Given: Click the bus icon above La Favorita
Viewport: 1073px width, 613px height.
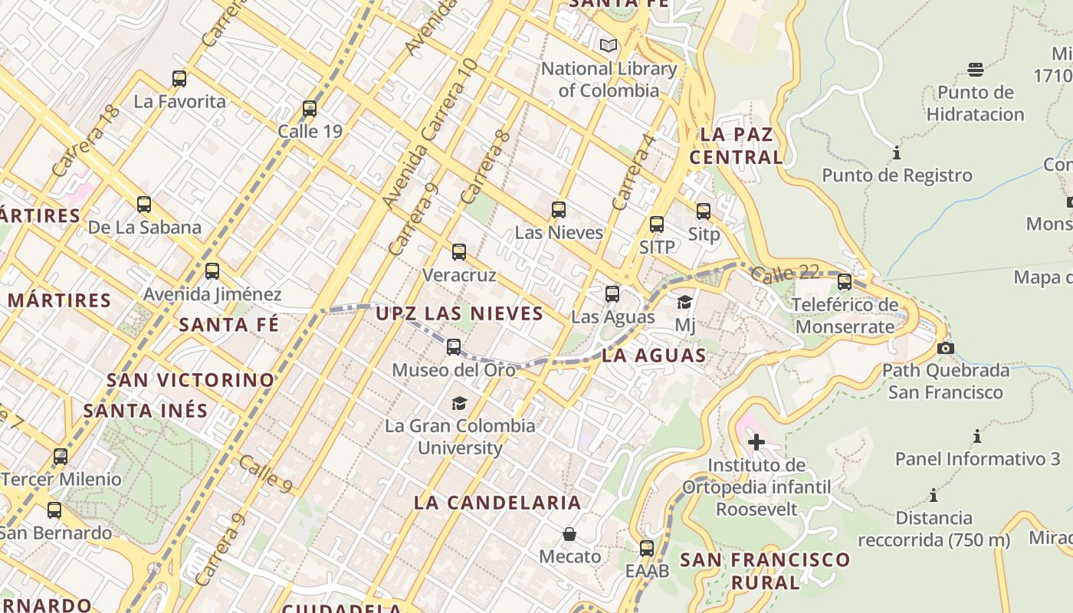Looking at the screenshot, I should tap(179, 78).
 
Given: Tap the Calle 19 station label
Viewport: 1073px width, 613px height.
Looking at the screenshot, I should tap(310, 131).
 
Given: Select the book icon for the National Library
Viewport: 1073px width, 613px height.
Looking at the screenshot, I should tap(609, 46).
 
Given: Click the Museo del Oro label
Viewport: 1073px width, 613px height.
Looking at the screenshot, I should tap(454, 370).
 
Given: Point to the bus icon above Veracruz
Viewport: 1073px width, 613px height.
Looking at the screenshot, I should tap(459, 252).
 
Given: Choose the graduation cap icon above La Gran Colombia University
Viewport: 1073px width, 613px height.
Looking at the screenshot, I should tap(459, 403).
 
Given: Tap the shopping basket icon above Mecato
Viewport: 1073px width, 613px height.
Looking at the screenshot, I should tap(569, 533).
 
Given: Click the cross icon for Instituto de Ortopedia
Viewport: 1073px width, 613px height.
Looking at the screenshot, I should tap(756, 442).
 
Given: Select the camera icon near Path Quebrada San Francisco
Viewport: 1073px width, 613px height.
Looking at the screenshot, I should tap(946, 349).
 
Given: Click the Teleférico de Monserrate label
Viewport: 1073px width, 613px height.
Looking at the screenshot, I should tap(845, 316).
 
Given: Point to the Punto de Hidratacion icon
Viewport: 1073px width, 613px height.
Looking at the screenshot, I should tap(976, 70).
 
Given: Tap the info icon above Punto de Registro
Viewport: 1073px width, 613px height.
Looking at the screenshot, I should tap(897, 153).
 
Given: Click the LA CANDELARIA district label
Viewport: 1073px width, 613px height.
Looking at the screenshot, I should tap(497, 503).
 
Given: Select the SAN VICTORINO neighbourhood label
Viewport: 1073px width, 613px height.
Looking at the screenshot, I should tap(190, 380).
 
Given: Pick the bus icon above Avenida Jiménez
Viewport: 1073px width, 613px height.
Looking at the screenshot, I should tap(212, 271).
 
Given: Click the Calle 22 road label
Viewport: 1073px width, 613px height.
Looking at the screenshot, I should tap(786, 273).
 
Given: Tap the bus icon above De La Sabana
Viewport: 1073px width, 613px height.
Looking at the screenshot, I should tap(144, 205).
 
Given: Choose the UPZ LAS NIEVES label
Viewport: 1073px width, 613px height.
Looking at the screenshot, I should tap(460, 313).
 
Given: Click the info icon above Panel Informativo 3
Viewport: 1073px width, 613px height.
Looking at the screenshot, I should tap(977, 437).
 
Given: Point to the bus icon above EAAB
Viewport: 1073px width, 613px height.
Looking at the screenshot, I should tap(647, 549).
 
